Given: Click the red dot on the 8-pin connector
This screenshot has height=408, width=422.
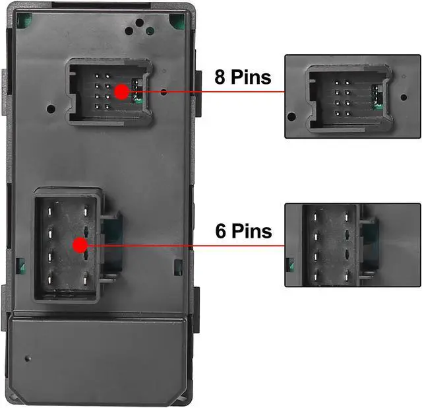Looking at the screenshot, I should click(121, 92).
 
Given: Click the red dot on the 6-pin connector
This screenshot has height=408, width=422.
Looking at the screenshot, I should click(80, 246).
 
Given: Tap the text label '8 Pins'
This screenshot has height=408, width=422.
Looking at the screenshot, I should click(243, 77).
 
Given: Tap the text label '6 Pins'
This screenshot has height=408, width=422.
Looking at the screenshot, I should click(243, 231).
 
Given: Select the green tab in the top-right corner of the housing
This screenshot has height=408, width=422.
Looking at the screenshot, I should click(177, 20).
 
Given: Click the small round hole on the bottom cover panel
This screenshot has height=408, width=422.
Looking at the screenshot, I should click(27, 358).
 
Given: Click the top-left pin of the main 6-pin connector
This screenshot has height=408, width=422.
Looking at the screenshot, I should click(49, 211).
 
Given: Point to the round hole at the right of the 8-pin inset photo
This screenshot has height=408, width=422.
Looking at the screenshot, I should click(404, 97).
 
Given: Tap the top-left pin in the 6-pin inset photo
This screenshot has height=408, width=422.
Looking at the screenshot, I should click(317, 216).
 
